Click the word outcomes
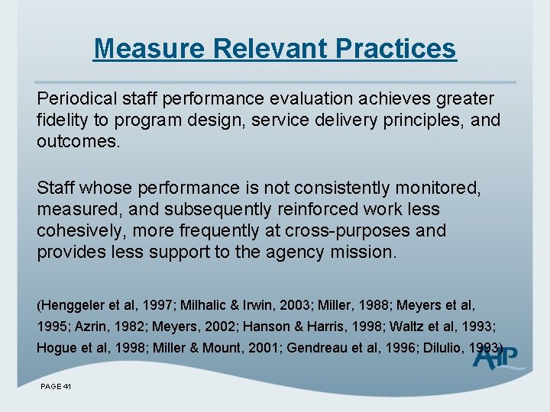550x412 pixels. point(79,142)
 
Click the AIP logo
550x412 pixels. point(497,357)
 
